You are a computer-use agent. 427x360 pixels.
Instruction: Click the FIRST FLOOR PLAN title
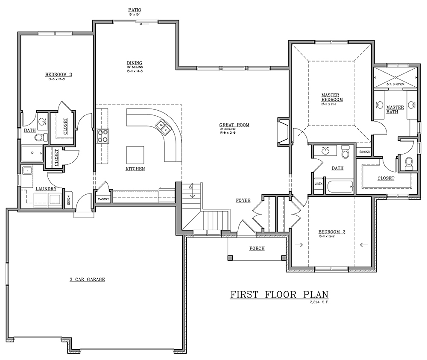point(280,295)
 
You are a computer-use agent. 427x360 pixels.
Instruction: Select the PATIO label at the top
point(135,9)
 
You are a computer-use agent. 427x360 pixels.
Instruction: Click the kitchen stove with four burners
point(103,136)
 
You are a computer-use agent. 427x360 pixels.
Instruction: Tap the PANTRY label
point(104,199)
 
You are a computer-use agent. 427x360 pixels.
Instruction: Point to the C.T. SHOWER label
point(395,84)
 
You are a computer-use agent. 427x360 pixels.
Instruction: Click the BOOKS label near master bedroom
point(364,152)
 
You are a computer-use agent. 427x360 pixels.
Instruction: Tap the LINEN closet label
point(318,184)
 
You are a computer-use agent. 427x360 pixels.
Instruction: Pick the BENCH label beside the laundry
point(68,200)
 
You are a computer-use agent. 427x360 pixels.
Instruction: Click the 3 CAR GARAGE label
point(87,280)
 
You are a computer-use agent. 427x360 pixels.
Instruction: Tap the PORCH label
point(257,248)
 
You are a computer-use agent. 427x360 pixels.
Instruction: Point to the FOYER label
point(243,200)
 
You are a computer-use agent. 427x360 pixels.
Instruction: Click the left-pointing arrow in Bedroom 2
point(364,245)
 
